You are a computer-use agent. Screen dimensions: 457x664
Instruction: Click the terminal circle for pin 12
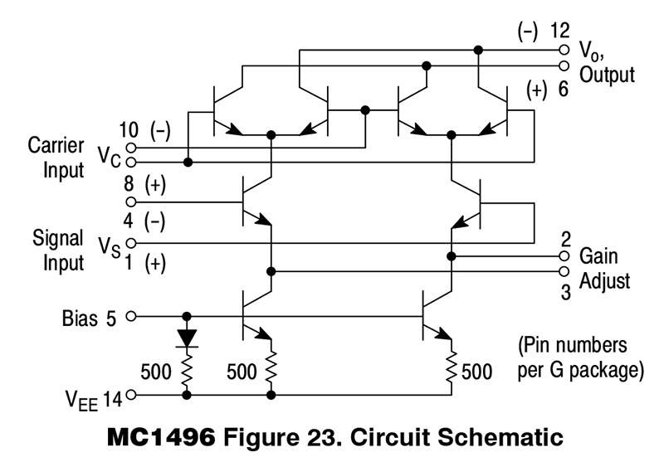[565, 49]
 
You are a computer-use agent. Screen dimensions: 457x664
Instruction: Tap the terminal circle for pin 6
[565, 66]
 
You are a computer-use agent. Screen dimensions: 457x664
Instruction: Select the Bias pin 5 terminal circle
[130, 316]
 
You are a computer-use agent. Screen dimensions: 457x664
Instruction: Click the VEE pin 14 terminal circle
[130, 396]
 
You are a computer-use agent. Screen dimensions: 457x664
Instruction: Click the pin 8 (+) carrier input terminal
[130, 201]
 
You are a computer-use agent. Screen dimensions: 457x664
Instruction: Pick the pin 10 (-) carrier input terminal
[130, 147]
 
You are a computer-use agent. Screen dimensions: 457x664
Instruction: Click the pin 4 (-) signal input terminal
[130, 243]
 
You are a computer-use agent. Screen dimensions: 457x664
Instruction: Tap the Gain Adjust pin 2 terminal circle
[565, 256]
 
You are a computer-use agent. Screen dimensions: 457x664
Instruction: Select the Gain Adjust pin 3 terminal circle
[565, 271]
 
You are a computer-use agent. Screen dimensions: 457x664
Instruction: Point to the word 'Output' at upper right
[607, 75]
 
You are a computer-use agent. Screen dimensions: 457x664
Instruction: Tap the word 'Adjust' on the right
[605, 280]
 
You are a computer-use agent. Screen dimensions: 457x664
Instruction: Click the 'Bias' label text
[80, 317]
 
